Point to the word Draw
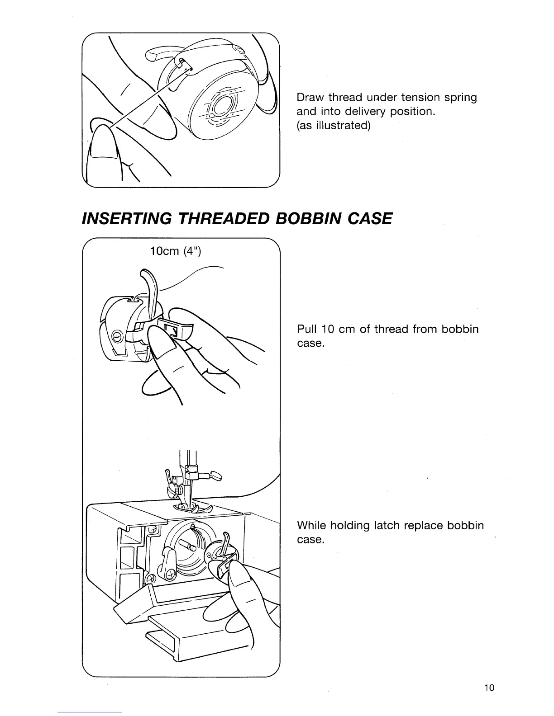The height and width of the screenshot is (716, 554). tap(310, 98)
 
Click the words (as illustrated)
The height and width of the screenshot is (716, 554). tap(333, 125)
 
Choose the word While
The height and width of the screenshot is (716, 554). tap(312, 526)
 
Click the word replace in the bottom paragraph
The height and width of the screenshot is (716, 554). tap(424, 526)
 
